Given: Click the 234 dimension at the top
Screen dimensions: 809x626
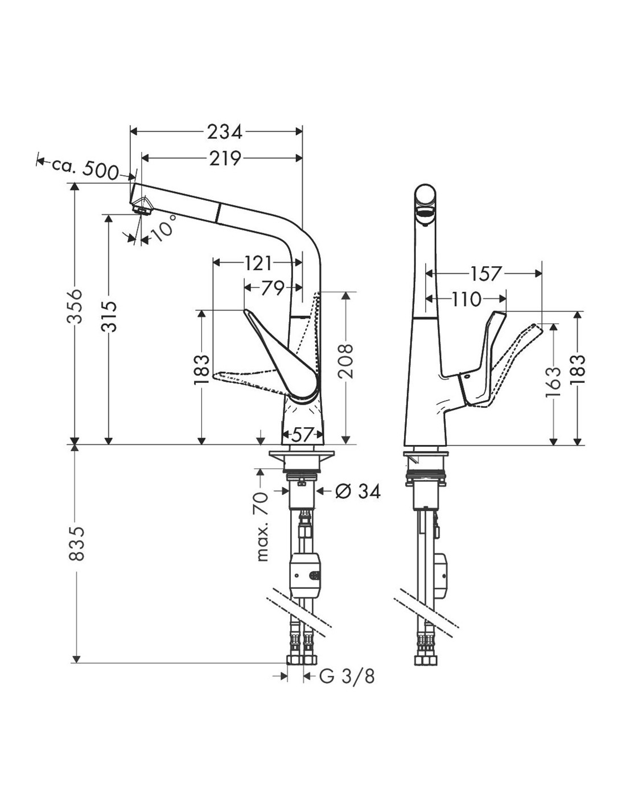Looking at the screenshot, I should click(224, 132).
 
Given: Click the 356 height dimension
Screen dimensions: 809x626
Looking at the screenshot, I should click(75, 306).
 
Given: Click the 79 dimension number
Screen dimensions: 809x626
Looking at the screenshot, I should click(273, 288).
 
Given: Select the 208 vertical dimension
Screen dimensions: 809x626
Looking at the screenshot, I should click(345, 361).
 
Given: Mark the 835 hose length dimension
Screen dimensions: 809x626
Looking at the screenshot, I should click(76, 543).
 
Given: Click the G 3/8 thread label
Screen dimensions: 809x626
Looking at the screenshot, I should click(347, 676).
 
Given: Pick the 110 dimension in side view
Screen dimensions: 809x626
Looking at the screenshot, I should click(466, 299).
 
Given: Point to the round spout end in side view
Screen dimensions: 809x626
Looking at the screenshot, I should click(425, 200).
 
